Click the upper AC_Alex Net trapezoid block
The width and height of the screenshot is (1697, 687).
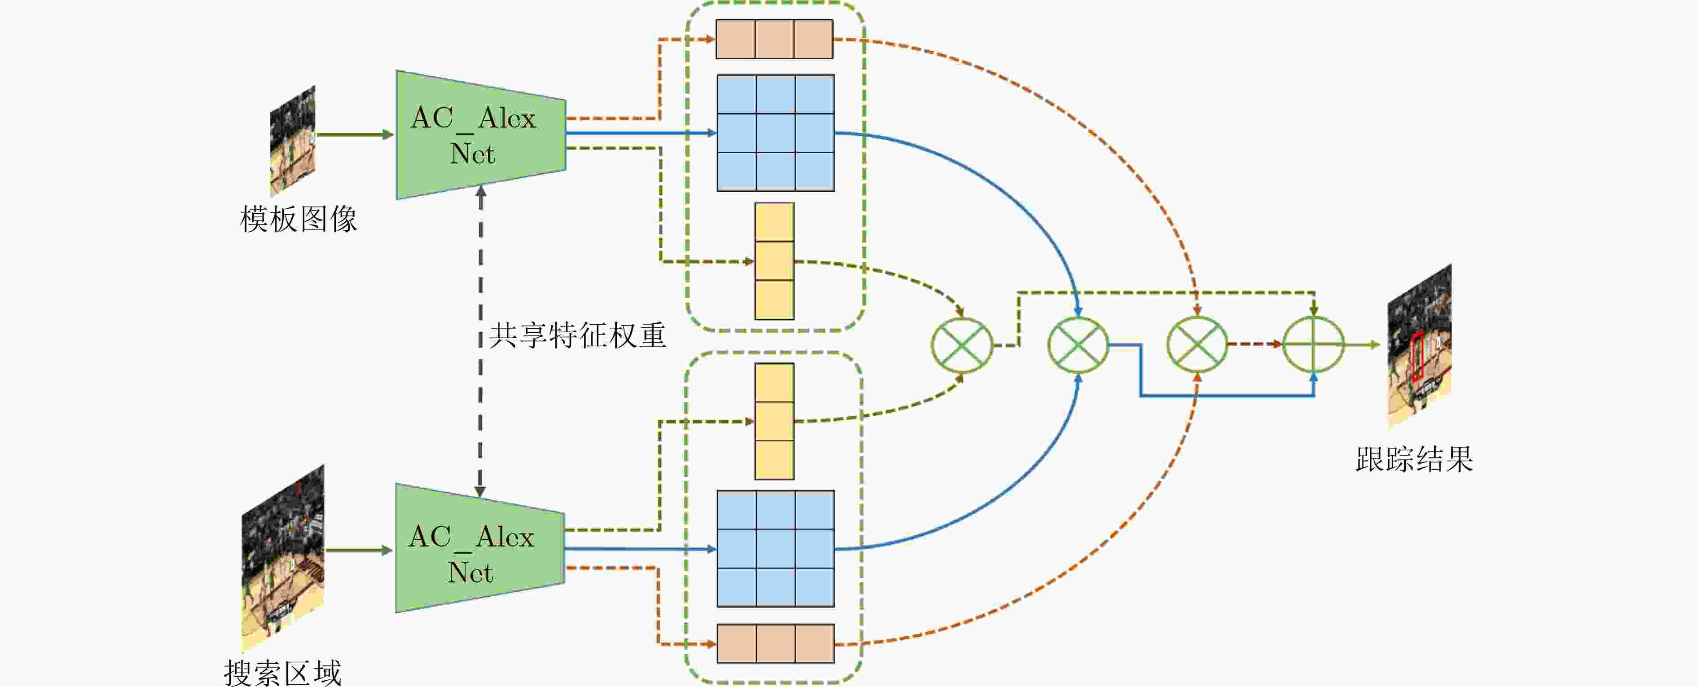coord(481,135)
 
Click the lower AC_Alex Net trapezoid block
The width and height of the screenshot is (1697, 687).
coord(479,548)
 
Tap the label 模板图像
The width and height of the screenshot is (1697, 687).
coord(299,219)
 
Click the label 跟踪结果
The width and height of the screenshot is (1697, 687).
coord(1414,459)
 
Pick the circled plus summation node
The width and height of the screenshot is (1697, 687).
coord(1314,344)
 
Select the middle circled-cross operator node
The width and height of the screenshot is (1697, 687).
coord(1078,344)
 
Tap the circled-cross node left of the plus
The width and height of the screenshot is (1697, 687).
coord(1197,344)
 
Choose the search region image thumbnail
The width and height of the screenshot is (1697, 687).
coord(283,557)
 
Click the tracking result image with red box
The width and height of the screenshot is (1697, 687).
coord(1420,346)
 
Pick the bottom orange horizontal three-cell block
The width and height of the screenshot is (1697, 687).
coord(775,643)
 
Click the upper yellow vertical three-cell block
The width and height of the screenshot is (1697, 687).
coord(774,261)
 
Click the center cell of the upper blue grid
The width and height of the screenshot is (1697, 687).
coord(775,133)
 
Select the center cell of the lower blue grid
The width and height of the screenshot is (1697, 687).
coord(775,549)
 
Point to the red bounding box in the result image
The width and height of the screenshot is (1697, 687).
coord(1418,357)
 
